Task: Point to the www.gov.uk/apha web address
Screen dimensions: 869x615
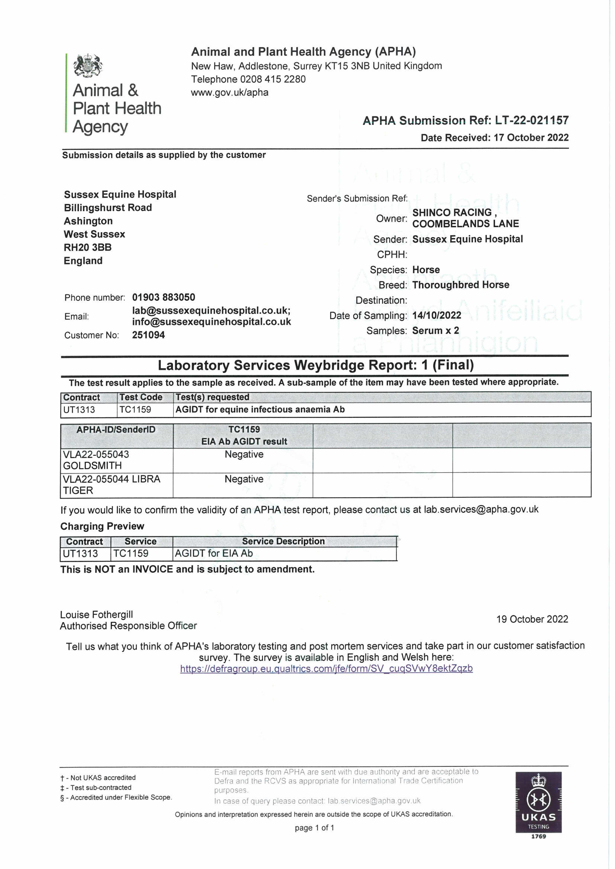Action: point(230,92)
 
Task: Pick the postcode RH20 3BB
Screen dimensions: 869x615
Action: point(87,247)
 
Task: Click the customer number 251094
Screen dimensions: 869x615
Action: point(148,335)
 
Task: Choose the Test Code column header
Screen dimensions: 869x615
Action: point(141,397)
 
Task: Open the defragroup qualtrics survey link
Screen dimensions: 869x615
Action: point(326,668)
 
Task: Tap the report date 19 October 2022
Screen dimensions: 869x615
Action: point(532,619)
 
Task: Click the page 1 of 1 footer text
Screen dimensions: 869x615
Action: point(314,828)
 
